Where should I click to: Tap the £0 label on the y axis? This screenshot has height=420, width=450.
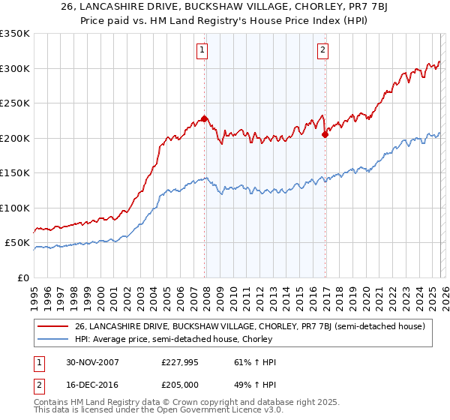coord(22,277)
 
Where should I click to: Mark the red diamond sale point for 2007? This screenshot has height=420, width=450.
coord(204,118)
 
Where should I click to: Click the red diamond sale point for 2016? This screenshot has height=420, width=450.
coord(325,135)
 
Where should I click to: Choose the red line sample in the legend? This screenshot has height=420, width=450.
coord(52,326)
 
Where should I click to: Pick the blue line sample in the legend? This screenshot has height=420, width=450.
coord(52,340)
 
